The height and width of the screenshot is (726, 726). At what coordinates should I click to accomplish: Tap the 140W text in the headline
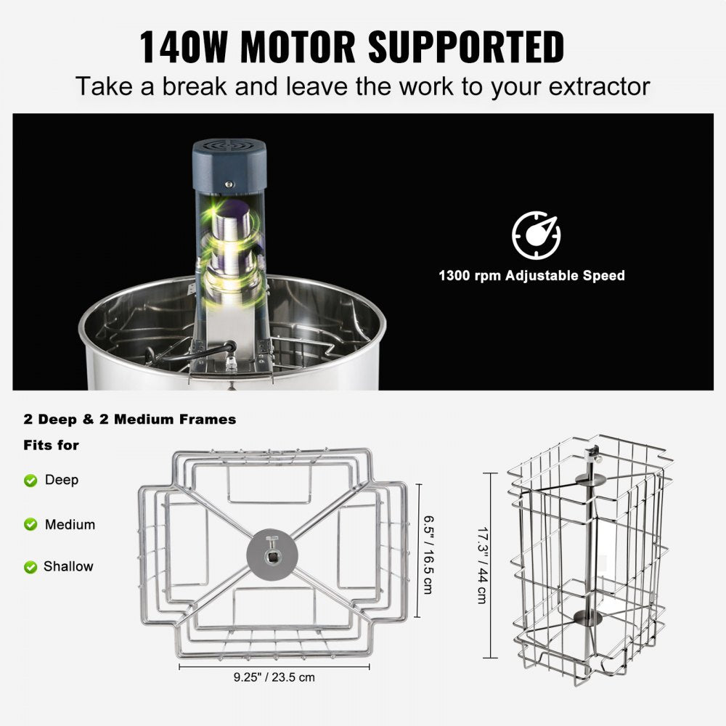click(186, 46)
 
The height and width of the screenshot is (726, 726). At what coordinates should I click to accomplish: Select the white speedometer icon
click(536, 235)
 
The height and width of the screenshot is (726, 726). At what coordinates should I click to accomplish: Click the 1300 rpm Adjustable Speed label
click(531, 276)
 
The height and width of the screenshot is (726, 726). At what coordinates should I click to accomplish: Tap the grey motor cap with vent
click(229, 156)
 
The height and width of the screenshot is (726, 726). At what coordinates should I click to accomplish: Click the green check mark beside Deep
click(30, 480)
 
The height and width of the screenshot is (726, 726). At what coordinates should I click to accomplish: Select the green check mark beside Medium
click(30, 524)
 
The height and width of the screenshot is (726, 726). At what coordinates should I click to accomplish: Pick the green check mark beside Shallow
click(30, 566)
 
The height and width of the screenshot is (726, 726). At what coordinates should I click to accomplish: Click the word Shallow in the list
click(68, 566)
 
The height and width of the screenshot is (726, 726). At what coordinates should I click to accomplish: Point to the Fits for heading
click(51, 445)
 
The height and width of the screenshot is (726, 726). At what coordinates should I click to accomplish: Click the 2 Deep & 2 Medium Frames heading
click(129, 419)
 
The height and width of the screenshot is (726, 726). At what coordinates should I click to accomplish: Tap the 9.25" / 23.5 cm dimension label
click(274, 677)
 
